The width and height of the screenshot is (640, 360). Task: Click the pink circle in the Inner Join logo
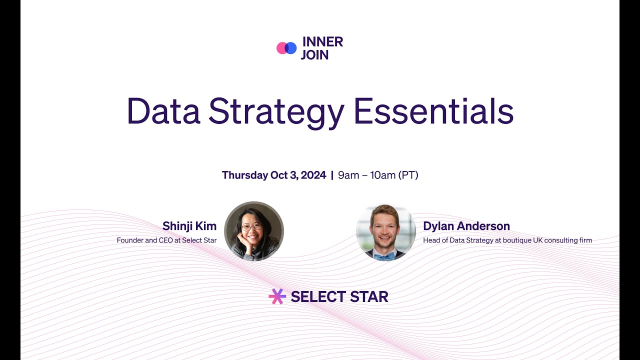coord(282,48)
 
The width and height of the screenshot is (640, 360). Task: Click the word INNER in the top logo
coord(322,42)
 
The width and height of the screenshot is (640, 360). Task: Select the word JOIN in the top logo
coord(314,55)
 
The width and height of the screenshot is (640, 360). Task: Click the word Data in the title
coord(163,111)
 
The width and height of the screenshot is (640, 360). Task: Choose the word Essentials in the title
coord(433,111)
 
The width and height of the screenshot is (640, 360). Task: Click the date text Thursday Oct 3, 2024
coord(273,175)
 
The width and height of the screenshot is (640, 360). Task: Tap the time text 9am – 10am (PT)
coord(378,175)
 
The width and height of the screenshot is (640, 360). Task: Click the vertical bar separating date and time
coord(332,175)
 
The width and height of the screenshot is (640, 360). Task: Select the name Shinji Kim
coord(189,226)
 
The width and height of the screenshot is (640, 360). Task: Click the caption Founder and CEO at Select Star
coord(166,240)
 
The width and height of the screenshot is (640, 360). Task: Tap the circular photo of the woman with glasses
coord(254,231)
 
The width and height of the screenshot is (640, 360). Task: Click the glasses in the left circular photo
coord(251,227)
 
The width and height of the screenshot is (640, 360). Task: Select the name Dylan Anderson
coord(466,226)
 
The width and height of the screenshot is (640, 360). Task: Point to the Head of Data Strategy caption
coord(507,240)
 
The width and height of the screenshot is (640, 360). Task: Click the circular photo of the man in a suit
coord(386,232)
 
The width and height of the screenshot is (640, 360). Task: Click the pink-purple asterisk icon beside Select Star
coord(277,296)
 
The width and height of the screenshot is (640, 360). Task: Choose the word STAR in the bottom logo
coord(369,297)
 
